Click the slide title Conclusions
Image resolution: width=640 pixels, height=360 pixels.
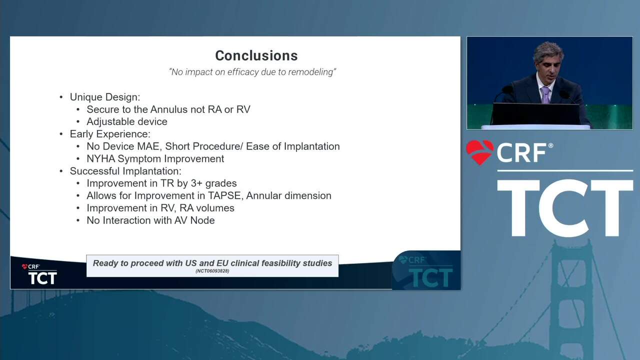tap(256, 55)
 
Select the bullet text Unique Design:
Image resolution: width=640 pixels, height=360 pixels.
tap(105, 97)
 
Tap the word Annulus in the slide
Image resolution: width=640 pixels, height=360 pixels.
tap(169, 109)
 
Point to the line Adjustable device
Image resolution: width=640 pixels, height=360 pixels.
tap(127, 121)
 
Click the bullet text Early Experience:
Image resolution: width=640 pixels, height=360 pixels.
tap(110, 134)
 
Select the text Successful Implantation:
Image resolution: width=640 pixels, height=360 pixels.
tap(125, 171)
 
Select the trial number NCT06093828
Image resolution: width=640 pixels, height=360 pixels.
tap(212, 271)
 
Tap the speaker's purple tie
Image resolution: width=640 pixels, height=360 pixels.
tap(545, 95)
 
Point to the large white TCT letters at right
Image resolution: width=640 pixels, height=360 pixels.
tap(565, 208)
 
